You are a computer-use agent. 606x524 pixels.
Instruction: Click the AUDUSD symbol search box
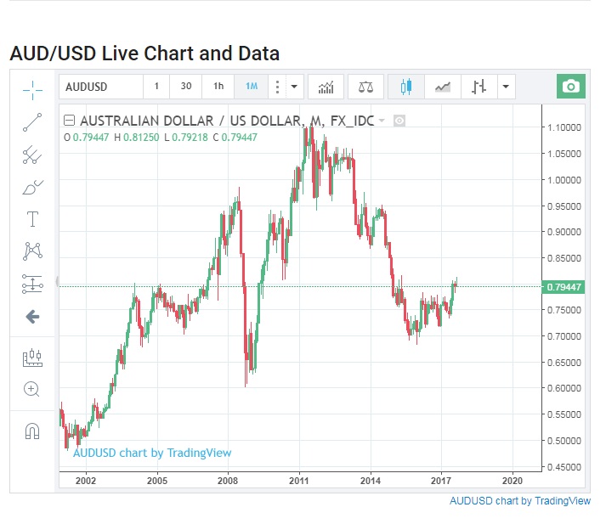point(100,87)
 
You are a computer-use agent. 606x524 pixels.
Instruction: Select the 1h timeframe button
point(218,87)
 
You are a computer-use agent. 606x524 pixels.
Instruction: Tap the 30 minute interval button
point(186,87)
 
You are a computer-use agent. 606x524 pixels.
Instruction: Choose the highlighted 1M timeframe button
point(252,87)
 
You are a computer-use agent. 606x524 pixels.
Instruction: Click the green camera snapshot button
point(571,87)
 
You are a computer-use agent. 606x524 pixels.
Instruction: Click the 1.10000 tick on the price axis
point(565,127)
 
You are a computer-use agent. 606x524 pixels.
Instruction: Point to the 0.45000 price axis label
point(565,467)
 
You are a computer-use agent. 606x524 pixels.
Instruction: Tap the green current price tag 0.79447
point(564,286)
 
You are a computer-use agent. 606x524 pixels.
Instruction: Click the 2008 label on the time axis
point(228,481)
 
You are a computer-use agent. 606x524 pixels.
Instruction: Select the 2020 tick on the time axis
point(513,481)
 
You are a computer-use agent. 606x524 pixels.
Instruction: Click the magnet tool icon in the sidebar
point(32,431)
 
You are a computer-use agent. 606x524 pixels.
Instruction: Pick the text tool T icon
point(32,219)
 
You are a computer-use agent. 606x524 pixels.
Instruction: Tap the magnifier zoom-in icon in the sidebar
point(32,390)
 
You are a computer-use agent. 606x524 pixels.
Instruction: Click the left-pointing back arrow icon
point(32,317)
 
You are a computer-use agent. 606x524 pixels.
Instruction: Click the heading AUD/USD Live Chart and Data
point(144,54)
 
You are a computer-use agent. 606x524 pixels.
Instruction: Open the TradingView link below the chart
point(519,501)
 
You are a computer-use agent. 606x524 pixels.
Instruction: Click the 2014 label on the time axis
point(371,481)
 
